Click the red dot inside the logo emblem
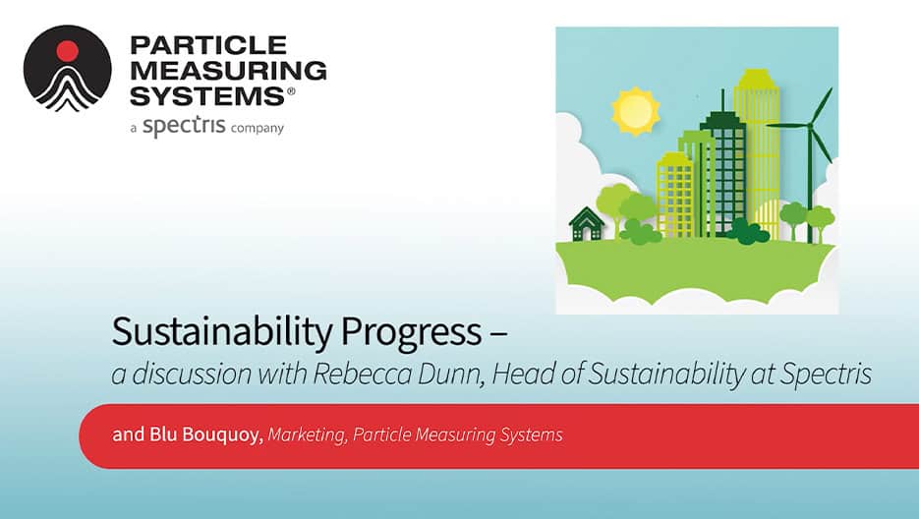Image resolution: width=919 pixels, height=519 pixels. click(x=67, y=49)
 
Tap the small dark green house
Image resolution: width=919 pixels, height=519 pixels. click(x=587, y=224)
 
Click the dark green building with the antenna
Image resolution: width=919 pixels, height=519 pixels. click(x=725, y=167)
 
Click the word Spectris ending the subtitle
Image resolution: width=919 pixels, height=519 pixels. click(x=831, y=375)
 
